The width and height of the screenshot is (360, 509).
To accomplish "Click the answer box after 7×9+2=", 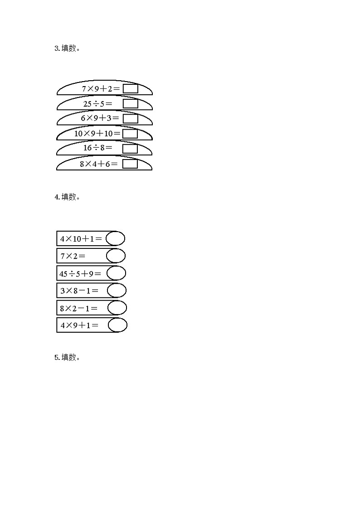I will tap(131, 89).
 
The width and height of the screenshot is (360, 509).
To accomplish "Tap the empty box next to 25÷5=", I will tap(131, 104).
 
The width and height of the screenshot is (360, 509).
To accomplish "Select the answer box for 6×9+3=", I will tap(131, 118).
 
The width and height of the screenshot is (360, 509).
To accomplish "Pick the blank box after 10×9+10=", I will tap(130, 133).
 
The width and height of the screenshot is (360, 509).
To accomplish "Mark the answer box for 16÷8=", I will tap(130, 148).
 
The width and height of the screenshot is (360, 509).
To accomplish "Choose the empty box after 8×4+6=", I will tap(130, 164).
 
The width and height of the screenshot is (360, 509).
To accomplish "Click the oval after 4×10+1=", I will tap(116, 238).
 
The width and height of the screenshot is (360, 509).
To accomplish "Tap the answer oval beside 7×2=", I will tap(116, 256).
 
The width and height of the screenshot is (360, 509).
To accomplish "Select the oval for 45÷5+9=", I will tap(116, 273).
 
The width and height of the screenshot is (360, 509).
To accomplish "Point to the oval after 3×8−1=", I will tap(116, 290).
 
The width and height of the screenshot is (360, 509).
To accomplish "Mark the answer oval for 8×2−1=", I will tap(117, 308).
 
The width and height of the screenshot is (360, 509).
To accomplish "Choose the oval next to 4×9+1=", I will tap(117, 325).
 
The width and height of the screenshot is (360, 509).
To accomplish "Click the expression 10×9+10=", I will tap(97, 133).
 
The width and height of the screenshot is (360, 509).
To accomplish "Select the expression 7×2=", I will tap(73, 256).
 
